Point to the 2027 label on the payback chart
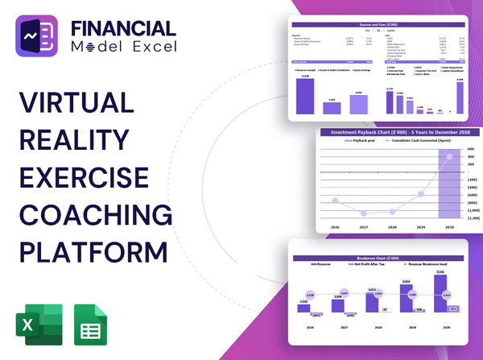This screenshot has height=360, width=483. pos(365,228)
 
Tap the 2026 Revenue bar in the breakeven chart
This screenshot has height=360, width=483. pos(303,314)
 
